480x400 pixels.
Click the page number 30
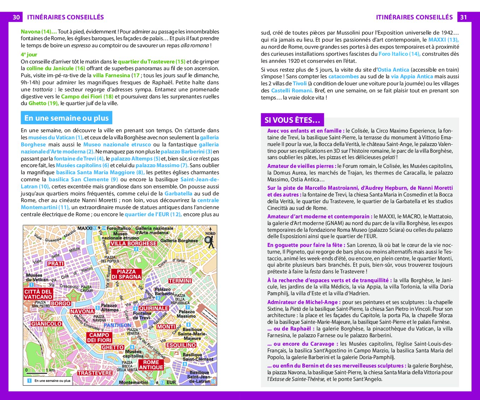pos(16,17)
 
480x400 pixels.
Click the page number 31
pos(464,17)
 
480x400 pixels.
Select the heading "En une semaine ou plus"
pos(66,118)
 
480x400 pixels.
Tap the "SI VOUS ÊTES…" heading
pos(292,120)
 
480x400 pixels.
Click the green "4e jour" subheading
pos(29,55)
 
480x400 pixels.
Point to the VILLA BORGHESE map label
pos(134,243)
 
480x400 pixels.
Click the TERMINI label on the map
pos(180,281)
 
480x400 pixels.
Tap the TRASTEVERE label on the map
pos(95,373)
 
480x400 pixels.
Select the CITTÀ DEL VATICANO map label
pos(38,294)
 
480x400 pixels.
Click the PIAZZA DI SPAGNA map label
pos(126,274)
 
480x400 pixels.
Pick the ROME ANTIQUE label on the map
pos(151,365)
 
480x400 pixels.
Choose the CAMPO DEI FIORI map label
pos(99,338)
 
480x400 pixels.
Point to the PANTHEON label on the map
pos(118,325)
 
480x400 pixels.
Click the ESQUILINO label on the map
pos(181,345)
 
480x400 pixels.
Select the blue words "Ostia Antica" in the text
pos(393,70)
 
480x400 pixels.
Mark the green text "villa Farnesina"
pos(112,75)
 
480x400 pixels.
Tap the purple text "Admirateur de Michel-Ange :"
pos(304,302)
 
